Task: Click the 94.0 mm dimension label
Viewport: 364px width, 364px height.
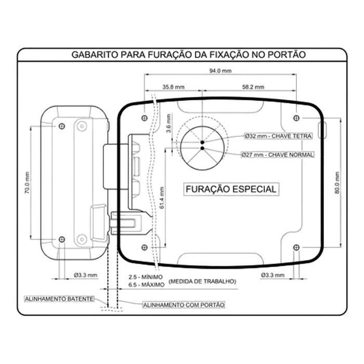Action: point(220,71)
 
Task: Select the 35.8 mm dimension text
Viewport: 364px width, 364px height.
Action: point(173,87)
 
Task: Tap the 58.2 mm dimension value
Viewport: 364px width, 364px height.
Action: point(253,87)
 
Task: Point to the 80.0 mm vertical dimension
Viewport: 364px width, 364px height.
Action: point(337,183)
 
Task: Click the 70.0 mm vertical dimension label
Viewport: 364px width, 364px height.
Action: point(27,183)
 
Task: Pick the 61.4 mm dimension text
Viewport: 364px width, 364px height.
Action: point(162,198)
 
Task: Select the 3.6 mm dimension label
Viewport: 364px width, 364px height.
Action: point(169,123)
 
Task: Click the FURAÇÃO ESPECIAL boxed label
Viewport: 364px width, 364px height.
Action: point(231,189)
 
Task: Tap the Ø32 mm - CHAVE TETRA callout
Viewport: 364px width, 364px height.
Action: point(278,136)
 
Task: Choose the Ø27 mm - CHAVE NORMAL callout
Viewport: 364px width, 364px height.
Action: point(277,154)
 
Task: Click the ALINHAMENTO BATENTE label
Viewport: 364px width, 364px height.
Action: point(59,299)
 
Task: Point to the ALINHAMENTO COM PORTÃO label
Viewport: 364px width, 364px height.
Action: point(184,305)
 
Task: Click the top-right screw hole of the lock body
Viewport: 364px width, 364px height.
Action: point(296,118)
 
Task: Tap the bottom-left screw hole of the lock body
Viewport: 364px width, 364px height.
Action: point(145,248)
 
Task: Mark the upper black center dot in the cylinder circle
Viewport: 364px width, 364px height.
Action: point(202,142)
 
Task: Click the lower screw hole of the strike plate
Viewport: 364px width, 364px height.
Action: point(62,239)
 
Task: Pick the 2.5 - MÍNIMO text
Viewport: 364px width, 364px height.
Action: point(146,277)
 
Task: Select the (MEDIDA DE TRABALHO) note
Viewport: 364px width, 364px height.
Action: point(202,281)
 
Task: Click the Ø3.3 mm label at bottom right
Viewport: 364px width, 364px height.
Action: point(272,275)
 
